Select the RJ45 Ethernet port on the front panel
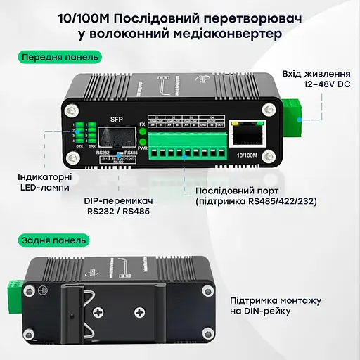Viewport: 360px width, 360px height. (249, 134)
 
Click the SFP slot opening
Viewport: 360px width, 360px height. (117, 136)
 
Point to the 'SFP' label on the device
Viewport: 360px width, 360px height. (117, 119)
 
